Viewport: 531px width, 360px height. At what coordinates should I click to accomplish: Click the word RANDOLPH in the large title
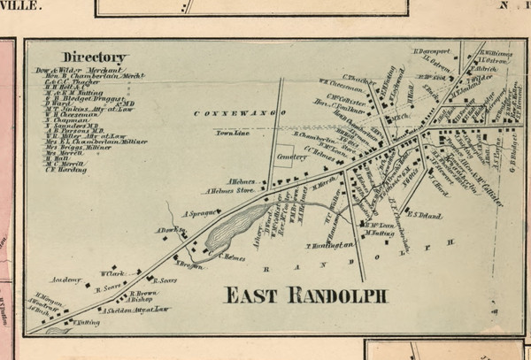pos(340,295)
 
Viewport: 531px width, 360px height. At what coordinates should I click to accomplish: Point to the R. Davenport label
pos(433,51)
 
